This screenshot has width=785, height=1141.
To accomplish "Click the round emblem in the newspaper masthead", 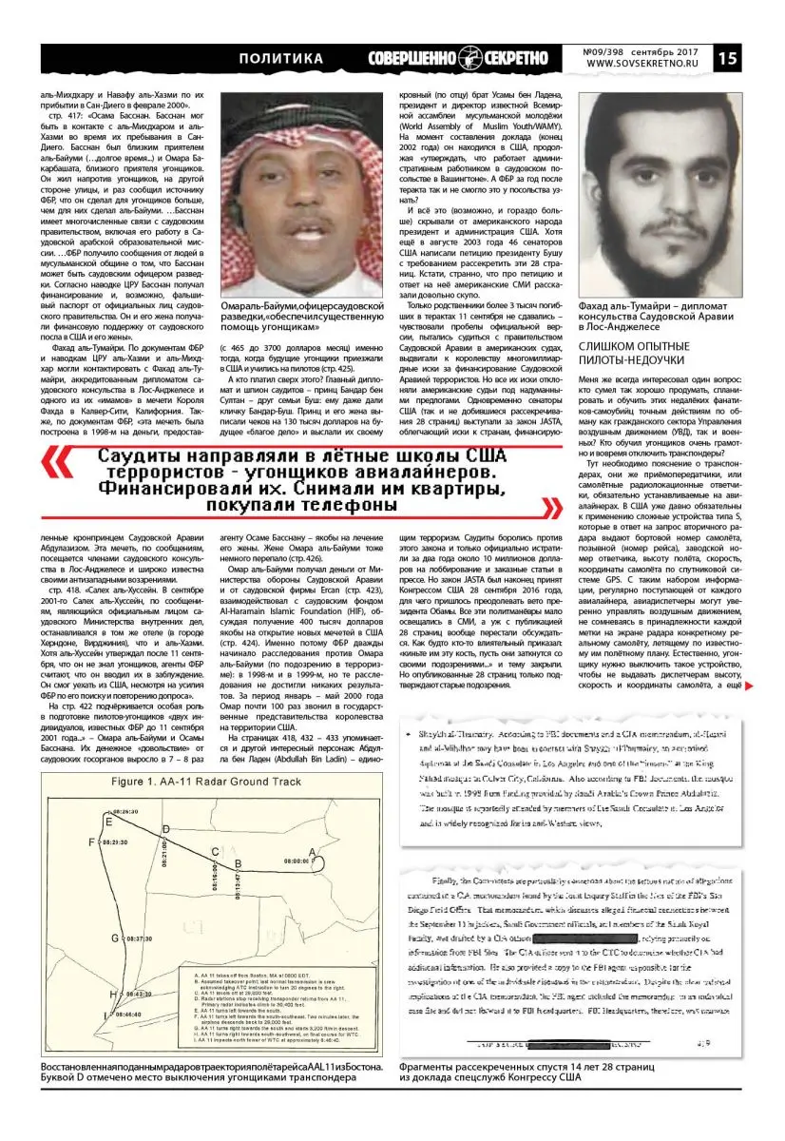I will coord(468,58).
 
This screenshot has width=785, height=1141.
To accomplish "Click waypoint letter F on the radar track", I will coord(90,842).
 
